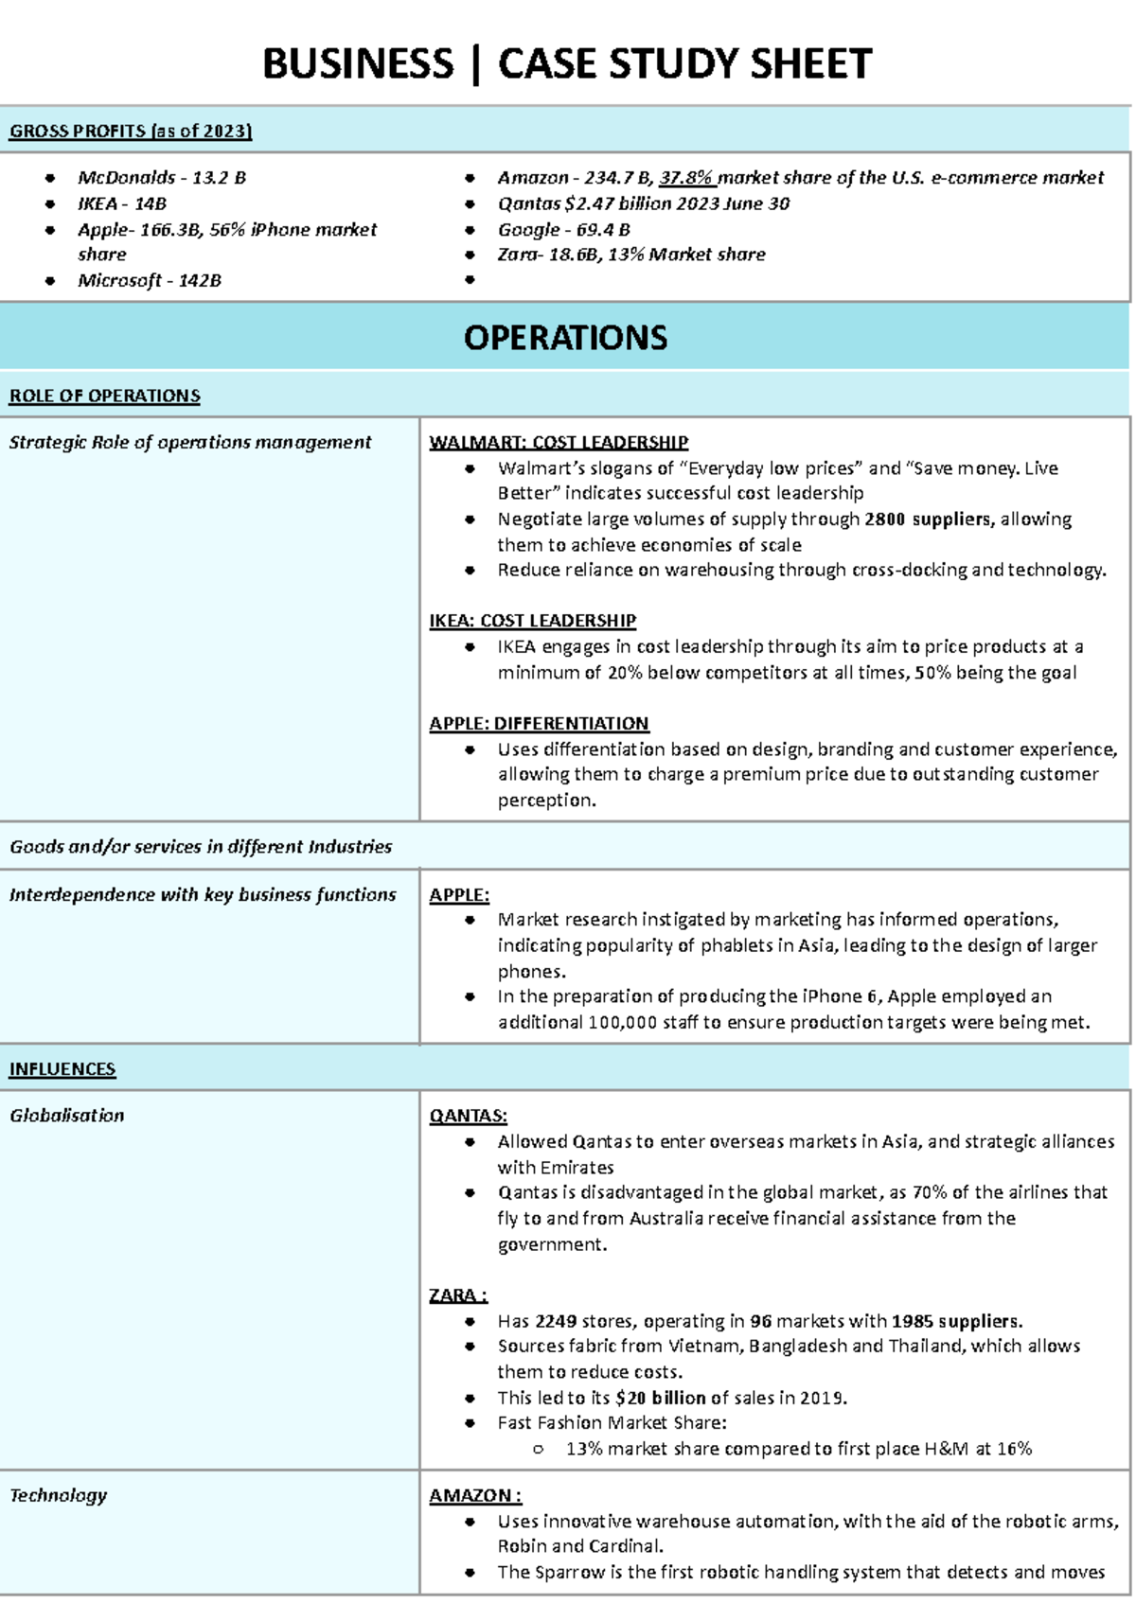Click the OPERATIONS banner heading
tap(565, 338)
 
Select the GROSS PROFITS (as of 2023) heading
tap(131, 132)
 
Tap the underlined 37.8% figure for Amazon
tap(686, 178)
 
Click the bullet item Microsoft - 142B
tap(150, 281)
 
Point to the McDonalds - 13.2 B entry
tap(162, 178)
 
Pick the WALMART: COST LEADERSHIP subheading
tap(559, 442)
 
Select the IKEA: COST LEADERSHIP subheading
tap(532, 621)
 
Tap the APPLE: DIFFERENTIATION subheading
tap(539, 724)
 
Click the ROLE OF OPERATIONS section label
tap(104, 396)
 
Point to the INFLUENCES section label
tap(62, 1069)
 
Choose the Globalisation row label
tap(67, 1116)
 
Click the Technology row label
tap(59, 1495)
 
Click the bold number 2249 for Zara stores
tap(556, 1321)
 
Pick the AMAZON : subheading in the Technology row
tap(475, 1495)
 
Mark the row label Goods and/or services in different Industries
tap(201, 847)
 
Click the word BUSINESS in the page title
tap(358, 64)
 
